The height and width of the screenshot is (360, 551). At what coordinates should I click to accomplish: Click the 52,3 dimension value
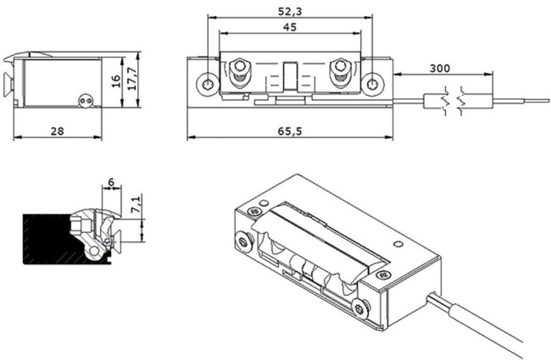290,11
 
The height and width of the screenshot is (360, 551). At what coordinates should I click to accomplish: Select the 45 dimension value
290,27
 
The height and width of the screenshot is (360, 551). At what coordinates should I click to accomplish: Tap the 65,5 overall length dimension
290,131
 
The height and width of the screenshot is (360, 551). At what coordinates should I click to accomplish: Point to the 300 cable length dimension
440,68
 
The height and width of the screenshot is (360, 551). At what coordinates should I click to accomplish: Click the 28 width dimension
57,131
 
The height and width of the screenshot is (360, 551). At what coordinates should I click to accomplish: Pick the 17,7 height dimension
132,79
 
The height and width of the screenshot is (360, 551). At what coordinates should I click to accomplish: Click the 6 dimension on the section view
111,182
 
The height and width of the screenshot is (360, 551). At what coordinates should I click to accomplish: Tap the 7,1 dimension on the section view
136,204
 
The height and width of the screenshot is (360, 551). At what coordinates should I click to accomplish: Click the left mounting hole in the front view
207,84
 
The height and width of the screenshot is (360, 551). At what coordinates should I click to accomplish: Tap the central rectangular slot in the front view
290,76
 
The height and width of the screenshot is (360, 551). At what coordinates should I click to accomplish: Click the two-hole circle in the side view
86,101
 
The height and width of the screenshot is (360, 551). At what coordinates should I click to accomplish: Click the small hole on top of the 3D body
398,244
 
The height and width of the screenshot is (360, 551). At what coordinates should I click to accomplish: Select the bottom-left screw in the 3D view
243,242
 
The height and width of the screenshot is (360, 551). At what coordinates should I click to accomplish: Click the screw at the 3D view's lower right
360,309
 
